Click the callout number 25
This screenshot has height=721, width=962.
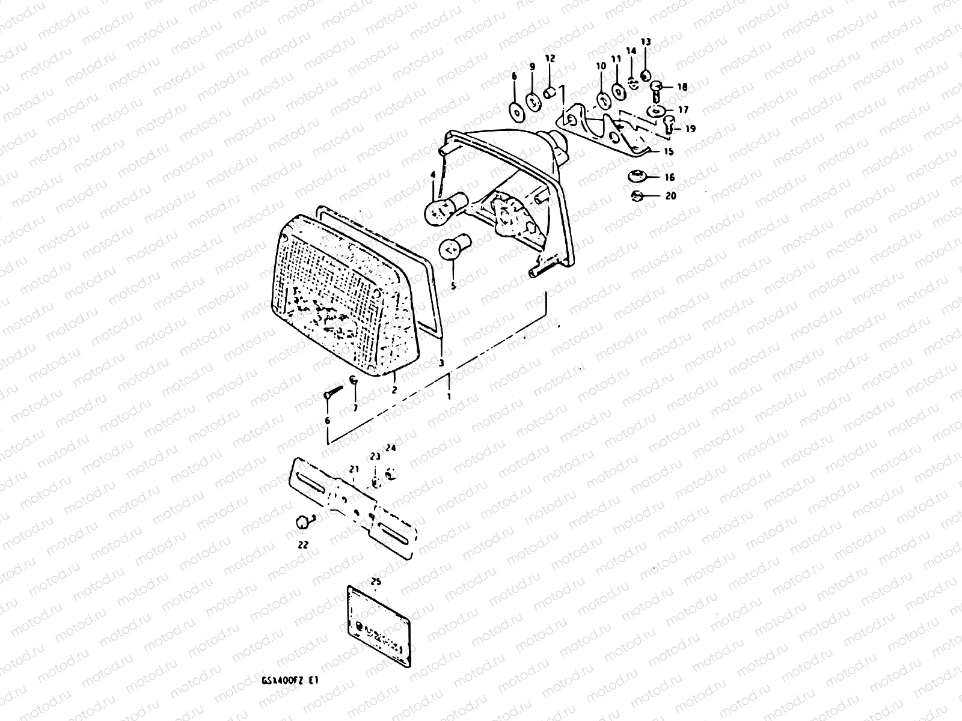coord(376,582)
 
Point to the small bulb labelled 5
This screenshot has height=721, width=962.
coord(453,249)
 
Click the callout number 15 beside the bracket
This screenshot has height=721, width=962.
coord(668,152)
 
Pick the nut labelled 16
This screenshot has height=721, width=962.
coord(636,177)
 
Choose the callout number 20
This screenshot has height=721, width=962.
coord(670,196)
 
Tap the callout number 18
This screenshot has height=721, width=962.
coord(682,87)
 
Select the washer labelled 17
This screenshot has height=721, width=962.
coord(655,111)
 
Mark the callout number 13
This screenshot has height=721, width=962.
coord(645,42)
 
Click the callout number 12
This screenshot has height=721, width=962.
coord(551,58)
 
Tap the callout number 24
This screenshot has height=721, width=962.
coord(391,448)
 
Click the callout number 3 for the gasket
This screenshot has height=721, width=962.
coord(441,364)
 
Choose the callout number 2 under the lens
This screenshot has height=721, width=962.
coord(394,390)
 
